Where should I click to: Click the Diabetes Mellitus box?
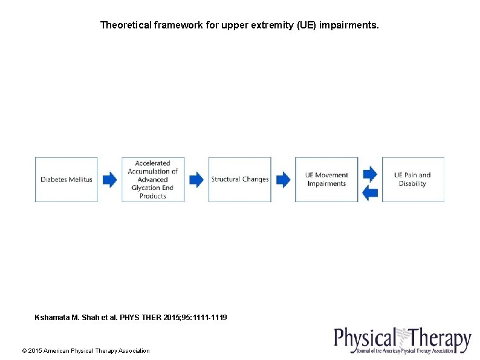66,180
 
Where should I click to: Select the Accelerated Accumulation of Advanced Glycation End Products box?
153,180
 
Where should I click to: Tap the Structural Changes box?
239,180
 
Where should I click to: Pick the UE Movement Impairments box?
326,180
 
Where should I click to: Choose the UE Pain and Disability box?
413,180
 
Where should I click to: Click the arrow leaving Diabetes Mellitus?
109,180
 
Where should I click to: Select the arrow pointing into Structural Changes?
196,180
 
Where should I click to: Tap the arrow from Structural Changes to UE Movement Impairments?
283,180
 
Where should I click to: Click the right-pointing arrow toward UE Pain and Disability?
370,174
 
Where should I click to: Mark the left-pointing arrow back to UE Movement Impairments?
370,193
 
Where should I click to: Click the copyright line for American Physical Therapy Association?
86,351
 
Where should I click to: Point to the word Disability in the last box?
413,184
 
